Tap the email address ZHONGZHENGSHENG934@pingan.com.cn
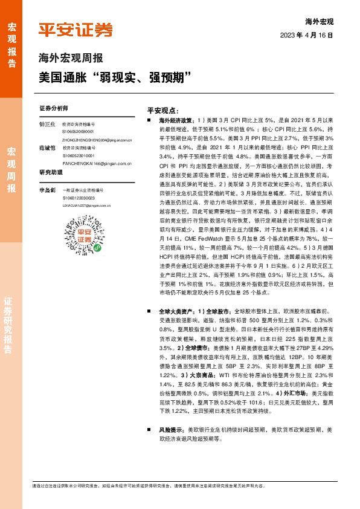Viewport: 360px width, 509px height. (97, 140)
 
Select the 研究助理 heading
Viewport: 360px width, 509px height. (51, 172)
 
